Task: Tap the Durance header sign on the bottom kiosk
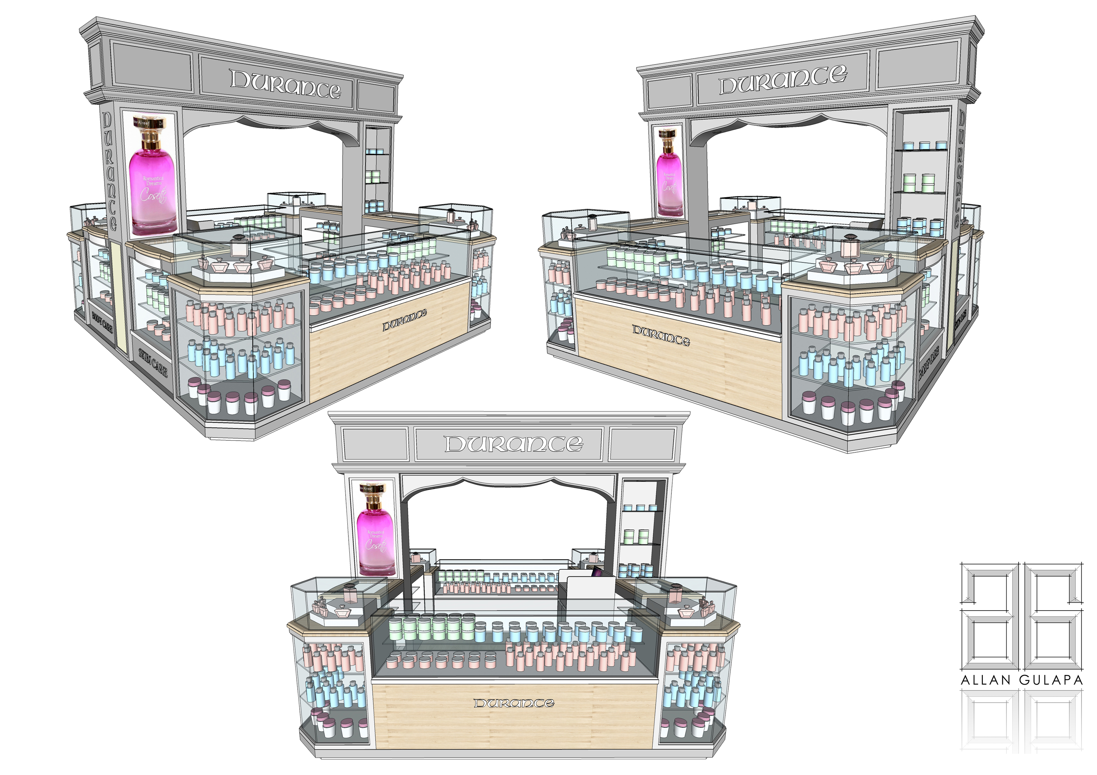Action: point(513,444)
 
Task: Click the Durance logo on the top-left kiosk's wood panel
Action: point(404,320)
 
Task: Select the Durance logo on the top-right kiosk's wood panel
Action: point(661,336)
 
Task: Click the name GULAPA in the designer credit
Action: point(1051,680)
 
